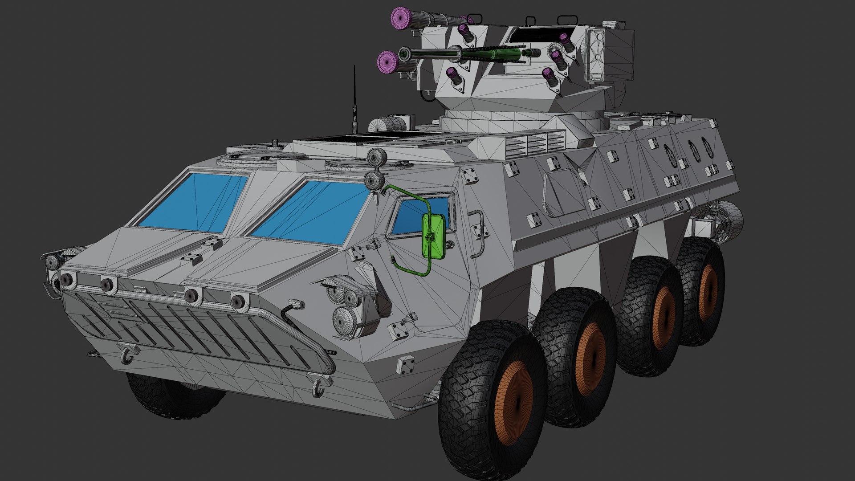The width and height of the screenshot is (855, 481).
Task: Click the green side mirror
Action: pos(433,236)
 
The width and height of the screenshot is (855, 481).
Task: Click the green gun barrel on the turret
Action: pos(490,54)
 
